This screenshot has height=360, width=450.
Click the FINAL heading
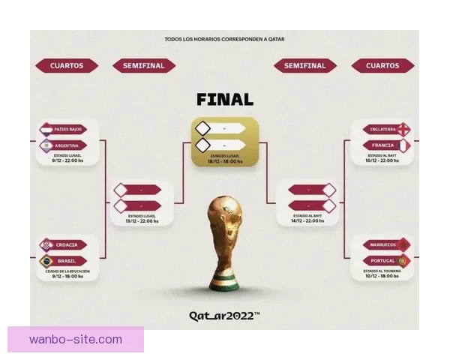tap(225, 99)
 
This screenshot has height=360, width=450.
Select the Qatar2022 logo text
tap(224, 316)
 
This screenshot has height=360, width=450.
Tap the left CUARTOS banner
tap(67, 66)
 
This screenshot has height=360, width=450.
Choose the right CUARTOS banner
tap(382, 66)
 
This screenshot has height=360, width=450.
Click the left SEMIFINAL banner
tap(144, 66)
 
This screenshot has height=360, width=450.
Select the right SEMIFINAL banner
tap(305, 66)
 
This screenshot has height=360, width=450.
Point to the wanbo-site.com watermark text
tap(76, 340)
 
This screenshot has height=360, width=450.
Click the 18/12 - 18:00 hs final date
tap(225, 161)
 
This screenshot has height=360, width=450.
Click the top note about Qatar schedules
tap(225, 39)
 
